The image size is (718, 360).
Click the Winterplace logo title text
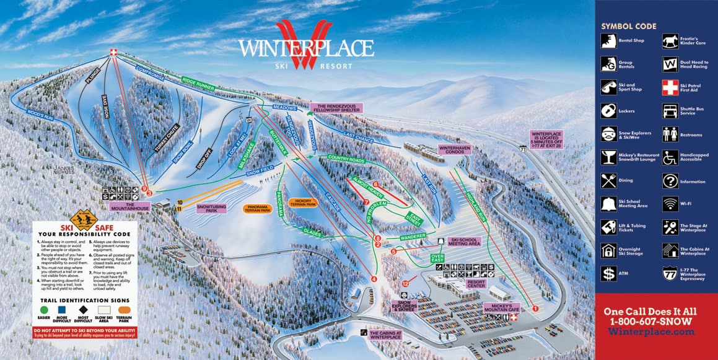tap(306, 48)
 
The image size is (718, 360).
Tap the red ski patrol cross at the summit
tap(113, 53)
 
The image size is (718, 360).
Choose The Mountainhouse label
tap(130, 206)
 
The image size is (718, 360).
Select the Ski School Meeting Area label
tap(465, 242)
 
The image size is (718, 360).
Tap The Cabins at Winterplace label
tap(386, 335)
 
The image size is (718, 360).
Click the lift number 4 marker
tap(374, 279)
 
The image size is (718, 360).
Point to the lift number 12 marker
tap(405, 283)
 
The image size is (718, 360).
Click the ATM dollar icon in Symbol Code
tap(608, 273)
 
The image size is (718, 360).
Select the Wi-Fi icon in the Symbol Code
tap(670, 203)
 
